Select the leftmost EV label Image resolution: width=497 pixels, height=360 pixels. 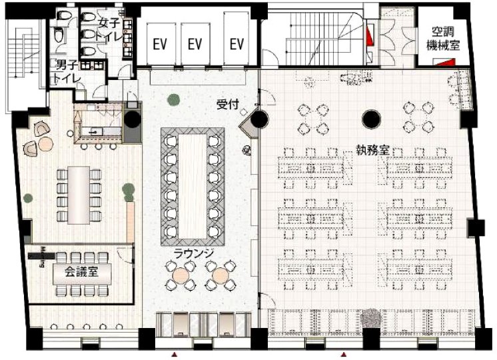160,45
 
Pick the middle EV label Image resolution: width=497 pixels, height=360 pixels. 195,45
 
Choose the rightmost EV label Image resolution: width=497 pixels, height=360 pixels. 237,45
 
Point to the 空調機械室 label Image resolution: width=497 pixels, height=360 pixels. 442,40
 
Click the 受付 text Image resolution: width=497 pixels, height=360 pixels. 227,104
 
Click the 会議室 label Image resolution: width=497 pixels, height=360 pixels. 78,272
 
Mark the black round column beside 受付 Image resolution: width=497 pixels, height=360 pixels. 259,120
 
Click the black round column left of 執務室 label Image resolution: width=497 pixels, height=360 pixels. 370,120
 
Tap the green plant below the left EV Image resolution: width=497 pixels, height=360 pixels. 173,100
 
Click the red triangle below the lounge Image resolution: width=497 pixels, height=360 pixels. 175,354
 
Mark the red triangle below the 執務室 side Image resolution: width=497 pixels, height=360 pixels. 344,354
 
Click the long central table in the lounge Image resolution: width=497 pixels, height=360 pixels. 193,185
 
